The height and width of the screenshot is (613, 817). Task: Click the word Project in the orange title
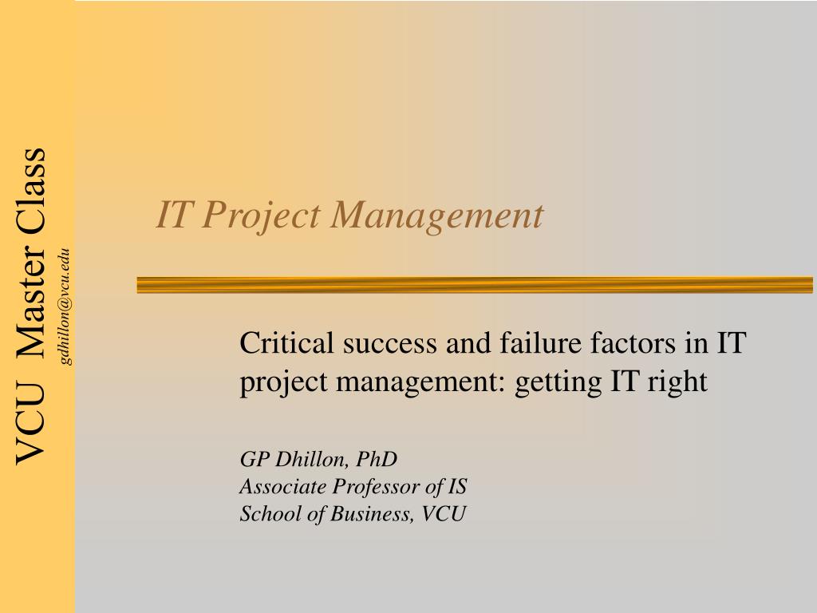click(261, 216)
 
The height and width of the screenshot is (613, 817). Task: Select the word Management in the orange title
click(436, 216)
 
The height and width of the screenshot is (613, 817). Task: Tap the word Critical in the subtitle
click(286, 342)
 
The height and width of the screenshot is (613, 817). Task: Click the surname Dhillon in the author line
click(312, 459)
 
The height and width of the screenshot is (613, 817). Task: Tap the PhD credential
click(377, 459)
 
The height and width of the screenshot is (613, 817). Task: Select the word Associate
click(283, 486)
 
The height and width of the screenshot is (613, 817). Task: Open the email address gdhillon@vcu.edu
click(65, 307)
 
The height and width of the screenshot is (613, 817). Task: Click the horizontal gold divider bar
click(475, 285)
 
